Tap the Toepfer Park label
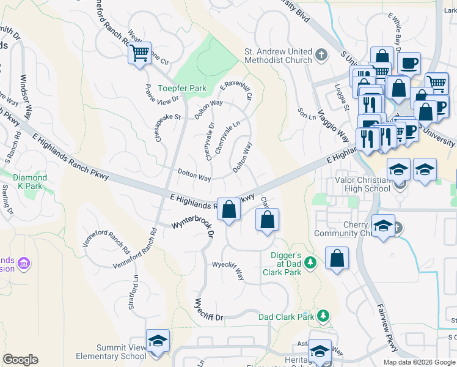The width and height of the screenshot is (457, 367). tap(182, 88)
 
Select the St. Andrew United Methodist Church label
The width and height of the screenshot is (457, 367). tap(278, 56)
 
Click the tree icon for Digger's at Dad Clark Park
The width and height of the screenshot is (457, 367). tap(311, 262)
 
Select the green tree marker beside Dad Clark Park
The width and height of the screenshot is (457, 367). tap(323, 316)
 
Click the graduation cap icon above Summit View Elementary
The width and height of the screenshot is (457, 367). tap(158, 341)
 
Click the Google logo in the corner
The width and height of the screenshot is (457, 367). tap(20, 360)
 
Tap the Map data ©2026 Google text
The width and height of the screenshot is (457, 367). tap(419, 362)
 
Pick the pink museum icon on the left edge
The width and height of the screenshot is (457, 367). tap(24, 264)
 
